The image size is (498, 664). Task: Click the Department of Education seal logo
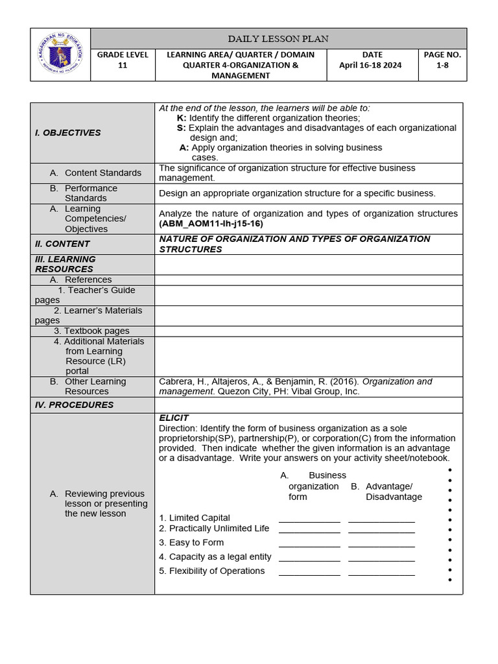click(60, 54)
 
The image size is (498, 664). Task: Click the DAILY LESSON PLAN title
click(278, 39)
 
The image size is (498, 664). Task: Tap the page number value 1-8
click(442, 65)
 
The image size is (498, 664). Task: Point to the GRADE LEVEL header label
click(123, 55)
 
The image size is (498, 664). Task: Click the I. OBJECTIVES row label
click(68, 133)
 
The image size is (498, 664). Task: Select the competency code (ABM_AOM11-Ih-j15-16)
click(211, 224)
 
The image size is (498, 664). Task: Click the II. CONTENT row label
click(62, 244)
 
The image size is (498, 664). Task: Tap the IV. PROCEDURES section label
click(74, 405)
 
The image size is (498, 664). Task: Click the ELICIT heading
click(174, 418)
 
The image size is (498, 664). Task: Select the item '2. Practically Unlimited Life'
click(214, 528)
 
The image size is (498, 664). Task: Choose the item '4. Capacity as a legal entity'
click(215, 556)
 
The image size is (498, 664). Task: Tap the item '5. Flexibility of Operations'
click(212, 571)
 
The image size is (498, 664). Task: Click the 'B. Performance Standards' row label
click(89, 193)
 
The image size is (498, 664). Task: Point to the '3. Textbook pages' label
click(91, 331)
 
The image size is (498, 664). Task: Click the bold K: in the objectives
click(182, 118)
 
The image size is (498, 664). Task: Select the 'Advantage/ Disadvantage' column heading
click(390, 492)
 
